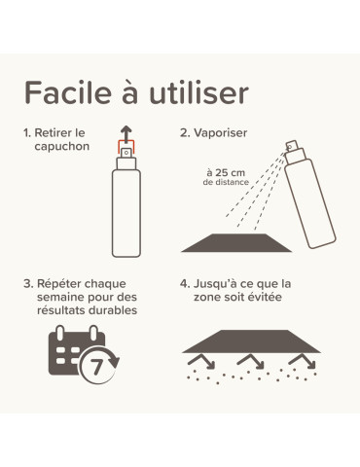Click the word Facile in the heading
tap(68, 92)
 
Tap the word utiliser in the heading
tap(198, 92)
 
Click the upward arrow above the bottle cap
tap(126, 133)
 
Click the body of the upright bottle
tap(126, 213)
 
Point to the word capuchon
tap(62, 147)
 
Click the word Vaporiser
tap(221, 132)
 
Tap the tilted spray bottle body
tap(310, 203)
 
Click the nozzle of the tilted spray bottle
tap(292, 145)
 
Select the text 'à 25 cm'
tap(226, 172)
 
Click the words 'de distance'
tap(226, 182)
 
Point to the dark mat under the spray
tap(236, 242)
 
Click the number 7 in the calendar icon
tap(96, 367)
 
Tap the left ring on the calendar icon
tap(60, 333)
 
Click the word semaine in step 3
tap(61, 297)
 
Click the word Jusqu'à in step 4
tap(213, 284)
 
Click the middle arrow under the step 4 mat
tap(252, 361)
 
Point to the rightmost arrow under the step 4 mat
tap(303, 361)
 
